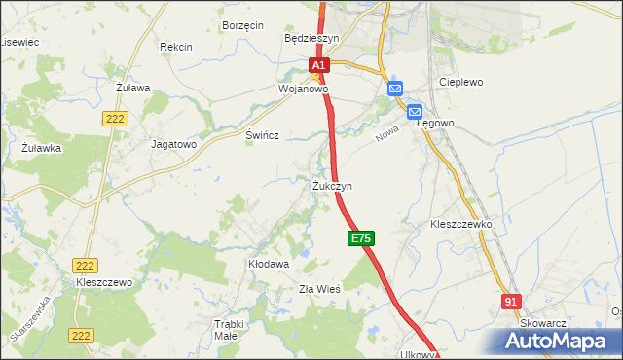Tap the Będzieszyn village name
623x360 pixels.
click(311, 38)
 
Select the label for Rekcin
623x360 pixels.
click(176, 46)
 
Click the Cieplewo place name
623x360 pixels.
click(462, 83)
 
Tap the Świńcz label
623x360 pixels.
click(263, 136)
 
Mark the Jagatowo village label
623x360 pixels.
click(174, 143)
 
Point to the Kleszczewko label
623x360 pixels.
click(461, 224)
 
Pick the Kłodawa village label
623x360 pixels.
click(269, 264)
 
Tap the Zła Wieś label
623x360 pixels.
click(318, 289)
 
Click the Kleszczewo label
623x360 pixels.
click(103, 282)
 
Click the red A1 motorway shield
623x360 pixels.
click(320, 65)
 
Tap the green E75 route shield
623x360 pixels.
click(359, 238)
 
